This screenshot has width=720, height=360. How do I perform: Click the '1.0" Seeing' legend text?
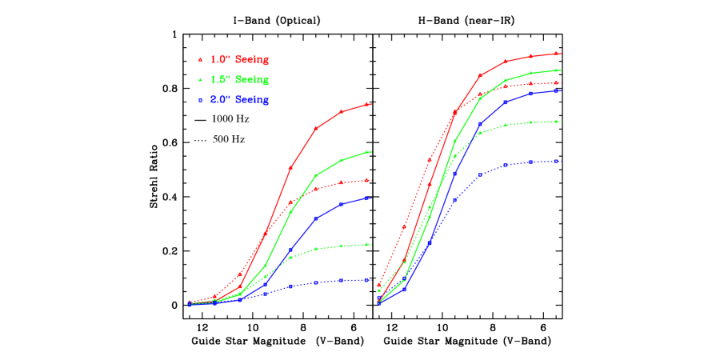239,60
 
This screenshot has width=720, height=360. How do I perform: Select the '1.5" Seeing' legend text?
239,80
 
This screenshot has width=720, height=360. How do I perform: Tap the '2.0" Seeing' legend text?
239,100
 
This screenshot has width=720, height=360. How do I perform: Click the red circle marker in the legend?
200,60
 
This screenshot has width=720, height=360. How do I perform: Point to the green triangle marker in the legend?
200,80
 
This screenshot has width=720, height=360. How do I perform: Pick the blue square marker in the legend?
200,100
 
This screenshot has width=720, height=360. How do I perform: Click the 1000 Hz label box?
234,119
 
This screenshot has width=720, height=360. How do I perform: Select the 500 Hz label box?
234,139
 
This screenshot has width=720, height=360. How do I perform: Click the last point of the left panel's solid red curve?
367,104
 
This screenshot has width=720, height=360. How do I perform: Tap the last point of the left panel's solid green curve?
367,151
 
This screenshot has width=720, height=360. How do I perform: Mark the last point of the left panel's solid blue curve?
367,198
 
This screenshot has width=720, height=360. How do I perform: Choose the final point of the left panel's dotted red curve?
367,180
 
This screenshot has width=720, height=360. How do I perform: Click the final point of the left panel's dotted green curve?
367,244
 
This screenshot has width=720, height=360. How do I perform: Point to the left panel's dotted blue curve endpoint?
367,280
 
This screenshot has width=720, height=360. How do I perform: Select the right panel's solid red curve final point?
556,54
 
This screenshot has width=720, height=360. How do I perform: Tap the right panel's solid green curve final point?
556,70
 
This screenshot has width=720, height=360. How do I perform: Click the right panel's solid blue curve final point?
556,90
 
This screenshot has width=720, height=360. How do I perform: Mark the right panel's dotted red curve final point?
556,82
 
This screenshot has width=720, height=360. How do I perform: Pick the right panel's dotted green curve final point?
556,122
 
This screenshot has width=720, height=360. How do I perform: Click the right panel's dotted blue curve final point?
556,161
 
